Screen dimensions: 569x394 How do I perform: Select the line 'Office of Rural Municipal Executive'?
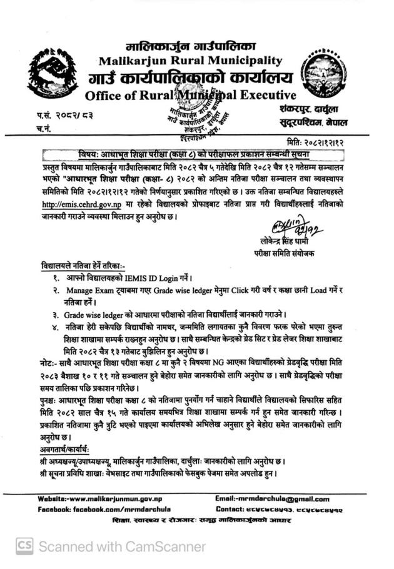pyautogui.click(x=189, y=96)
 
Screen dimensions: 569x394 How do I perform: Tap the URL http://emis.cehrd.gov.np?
pyautogui.click(x=82, y=204)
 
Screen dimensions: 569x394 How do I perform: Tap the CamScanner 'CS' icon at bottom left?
pyautogui.click(x=24, y=546)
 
